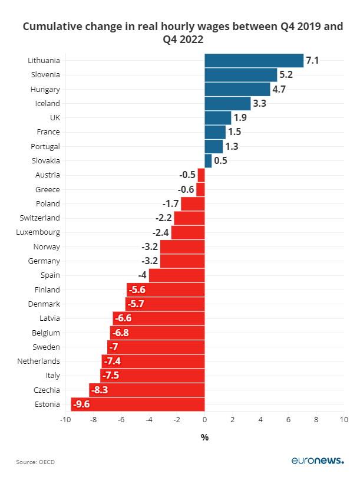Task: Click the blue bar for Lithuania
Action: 253,60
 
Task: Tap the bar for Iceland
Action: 227,103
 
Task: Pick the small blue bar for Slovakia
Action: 208,160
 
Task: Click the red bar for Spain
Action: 177,275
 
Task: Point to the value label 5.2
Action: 286,75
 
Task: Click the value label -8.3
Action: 98,390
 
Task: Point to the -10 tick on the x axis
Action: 65,420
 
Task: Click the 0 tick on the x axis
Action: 204,420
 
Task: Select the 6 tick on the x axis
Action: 288,420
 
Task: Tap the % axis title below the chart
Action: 204,438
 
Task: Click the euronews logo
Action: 318,461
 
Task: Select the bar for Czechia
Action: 147,390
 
